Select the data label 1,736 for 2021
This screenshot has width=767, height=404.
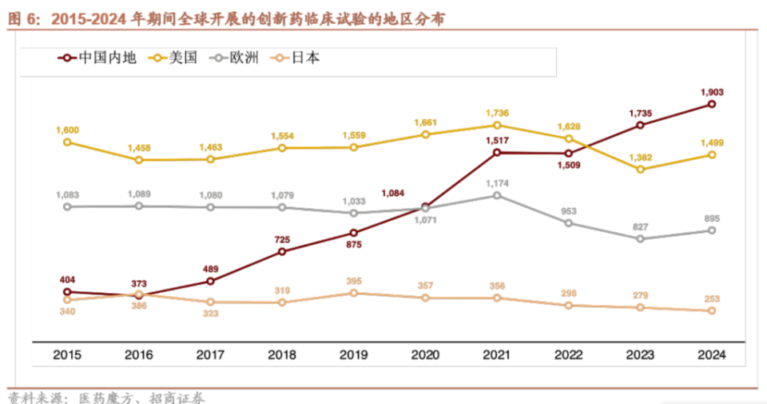tap(496, 113)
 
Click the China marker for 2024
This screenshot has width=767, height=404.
tap(711, 105)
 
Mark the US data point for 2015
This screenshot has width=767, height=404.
tap(67, 142)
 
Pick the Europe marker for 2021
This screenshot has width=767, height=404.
tap(496, 195)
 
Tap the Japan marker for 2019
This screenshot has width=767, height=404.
tap(353, 293)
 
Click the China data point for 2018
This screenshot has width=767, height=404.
tap(282, 251)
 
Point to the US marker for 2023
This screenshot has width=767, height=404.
tap(640, 169)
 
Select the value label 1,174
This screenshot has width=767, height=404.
tap(496, 183)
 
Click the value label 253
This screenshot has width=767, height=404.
tap(712, 298)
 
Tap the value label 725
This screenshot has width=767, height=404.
tap(282, 239)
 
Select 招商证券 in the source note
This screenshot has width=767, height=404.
tap(177, 397)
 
